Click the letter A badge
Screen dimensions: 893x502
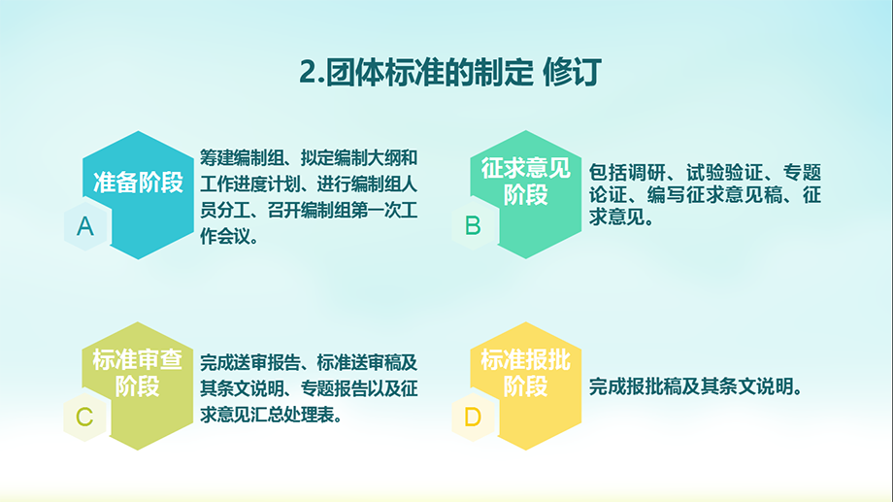pos(86,226)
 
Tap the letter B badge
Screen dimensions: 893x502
pos(474,225)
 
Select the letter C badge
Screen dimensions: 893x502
pos(85,418)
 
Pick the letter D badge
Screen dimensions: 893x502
pos(474,418)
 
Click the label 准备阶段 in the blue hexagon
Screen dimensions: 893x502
pos(139,183)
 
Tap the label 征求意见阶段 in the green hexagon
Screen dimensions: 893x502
pos(526,182)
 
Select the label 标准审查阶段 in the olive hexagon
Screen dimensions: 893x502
pos(137,373)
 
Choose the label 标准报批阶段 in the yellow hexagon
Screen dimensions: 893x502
pos(526,373)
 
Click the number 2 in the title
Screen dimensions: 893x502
pos(308,73)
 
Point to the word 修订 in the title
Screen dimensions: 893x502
pos(572,73)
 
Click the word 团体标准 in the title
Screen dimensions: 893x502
pos(383,73)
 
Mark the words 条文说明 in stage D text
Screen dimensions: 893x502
pos(756,386)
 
